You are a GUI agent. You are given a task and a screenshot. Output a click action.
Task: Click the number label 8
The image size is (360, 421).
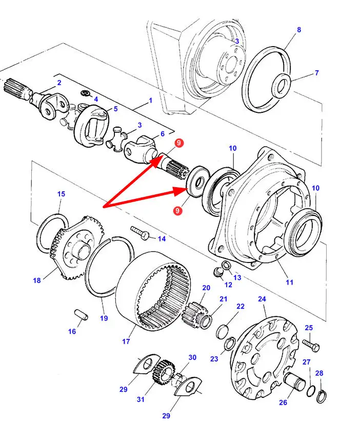299,30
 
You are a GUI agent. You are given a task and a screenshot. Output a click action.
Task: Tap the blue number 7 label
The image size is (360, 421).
316,73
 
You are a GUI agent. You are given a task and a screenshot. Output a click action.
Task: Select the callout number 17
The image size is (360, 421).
126,341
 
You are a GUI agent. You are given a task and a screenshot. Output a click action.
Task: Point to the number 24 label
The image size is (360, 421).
262,299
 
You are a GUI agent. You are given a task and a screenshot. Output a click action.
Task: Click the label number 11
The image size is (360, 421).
290,282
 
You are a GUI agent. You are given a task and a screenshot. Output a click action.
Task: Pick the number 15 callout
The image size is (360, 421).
61,194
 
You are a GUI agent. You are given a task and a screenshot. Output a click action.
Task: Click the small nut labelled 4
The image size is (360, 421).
85,93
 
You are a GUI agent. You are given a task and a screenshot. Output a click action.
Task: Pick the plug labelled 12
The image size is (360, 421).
217,271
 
